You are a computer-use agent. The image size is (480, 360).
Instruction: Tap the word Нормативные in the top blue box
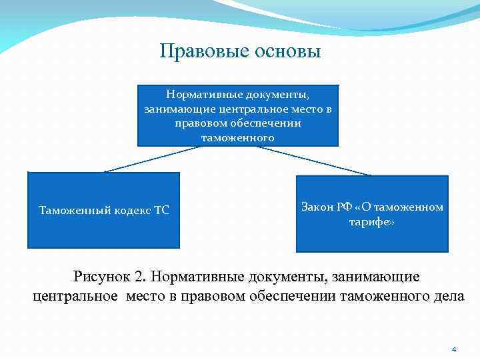coord(204,95)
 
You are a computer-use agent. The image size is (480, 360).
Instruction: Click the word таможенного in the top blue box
coord(238,137)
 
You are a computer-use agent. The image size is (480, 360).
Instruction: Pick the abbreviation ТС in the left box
coord(161,211)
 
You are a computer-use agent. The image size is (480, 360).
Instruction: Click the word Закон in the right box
coord(317,207)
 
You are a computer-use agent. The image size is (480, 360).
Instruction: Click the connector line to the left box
coord(153,159)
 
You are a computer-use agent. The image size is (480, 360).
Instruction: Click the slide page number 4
coord(454,349)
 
